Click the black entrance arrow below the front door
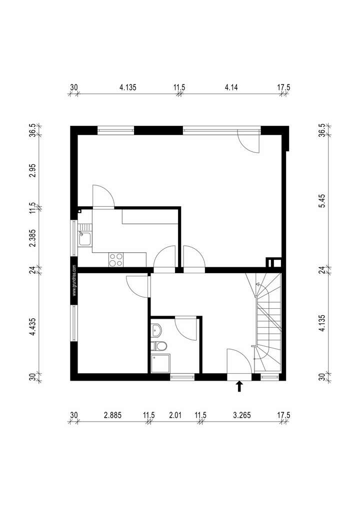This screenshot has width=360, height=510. click(239, 386)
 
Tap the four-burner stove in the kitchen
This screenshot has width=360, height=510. click(116, 259)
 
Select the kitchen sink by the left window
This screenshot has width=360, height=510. click(84, 239)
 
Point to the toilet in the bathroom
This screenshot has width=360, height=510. click(160, 346)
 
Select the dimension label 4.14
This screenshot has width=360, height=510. click(231, 87)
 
